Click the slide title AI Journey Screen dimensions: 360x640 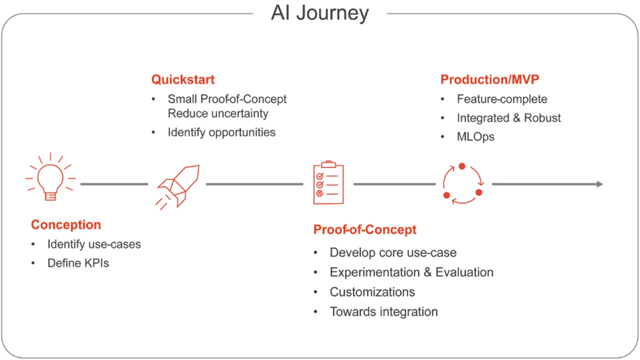(320, 13)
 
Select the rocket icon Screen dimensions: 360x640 (177, 185)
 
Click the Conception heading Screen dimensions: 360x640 (66, 225)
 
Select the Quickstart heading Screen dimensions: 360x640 (183, 79)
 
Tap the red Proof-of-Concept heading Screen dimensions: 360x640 (364, 230)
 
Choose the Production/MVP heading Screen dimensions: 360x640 (490, 79)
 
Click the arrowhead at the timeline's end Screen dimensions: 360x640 (599, 184)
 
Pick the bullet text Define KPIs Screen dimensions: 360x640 (78, 263)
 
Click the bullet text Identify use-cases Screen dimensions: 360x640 (94, 244)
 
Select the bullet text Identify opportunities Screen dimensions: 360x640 (221, 132)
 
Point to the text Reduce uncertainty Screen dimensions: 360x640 (218, 113)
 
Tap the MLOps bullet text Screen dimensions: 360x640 (475, 137)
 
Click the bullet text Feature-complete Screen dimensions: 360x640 (502, 99)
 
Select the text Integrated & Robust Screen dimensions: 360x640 (509, 118)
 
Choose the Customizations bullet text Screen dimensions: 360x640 (372, 292)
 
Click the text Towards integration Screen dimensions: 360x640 (383, 312)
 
